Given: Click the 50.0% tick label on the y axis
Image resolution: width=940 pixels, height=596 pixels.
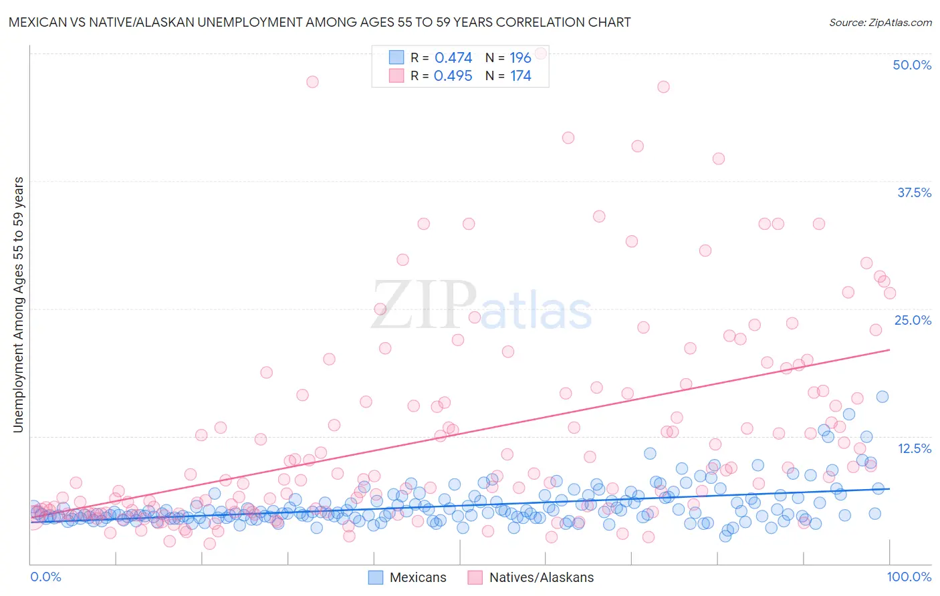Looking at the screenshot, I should (x=912, y=65).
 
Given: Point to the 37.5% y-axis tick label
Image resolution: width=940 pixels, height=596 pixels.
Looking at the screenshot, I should (x=914, y=192).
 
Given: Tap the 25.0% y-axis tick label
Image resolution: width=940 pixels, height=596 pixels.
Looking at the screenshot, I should (x=913, y=320).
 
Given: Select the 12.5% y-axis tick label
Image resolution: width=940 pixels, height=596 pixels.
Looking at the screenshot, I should (x=914, y=448).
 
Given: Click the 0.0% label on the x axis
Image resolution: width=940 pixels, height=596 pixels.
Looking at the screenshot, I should (x=45, y=577).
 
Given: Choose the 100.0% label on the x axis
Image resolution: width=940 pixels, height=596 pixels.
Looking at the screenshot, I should (x=909, y=577).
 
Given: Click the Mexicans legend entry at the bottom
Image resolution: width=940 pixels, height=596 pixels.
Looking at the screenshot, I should (x=408, y=577).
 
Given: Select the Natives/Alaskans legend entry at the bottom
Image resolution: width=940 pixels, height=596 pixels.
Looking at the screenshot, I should (x=531, y=577).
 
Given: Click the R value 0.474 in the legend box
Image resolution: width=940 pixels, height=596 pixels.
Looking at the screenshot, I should (x=453, y=57).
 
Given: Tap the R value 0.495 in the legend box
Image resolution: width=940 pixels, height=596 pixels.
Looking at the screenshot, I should (x=453, y=76).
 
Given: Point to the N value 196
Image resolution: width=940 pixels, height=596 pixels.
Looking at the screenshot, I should (x=520, y=57).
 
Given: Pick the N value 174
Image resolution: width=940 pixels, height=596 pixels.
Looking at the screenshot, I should (x=520, y=76).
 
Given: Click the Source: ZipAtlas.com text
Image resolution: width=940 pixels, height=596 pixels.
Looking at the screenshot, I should (x=880, y=22).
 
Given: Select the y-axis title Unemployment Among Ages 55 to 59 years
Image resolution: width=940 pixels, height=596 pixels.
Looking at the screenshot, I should (x=19, y=305).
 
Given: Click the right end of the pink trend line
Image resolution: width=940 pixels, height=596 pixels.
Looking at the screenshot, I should (x=889, y=349).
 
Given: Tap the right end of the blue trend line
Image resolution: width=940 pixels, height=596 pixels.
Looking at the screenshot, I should (x=889, y=488).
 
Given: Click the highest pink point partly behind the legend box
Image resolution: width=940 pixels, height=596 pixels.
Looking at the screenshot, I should (x=541, y=53).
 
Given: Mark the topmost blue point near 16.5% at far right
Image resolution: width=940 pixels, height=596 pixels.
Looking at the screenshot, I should (x=883, y=396).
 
